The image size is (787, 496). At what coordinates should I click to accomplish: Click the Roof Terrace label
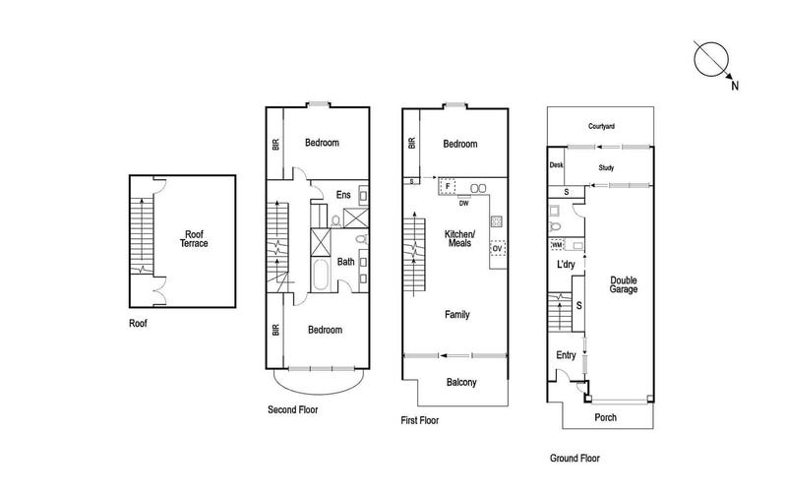click(194, 239)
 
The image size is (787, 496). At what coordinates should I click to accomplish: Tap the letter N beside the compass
click(735, 86)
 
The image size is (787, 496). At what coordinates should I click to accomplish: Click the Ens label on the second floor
click(343, 195)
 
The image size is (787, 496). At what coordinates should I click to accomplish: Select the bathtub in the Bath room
click(321, 275)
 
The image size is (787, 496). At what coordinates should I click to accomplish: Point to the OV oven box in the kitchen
click(498, 248)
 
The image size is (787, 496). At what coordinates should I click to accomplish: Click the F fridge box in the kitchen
click(448, 186)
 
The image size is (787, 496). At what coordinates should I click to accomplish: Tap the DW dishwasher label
click(463, 204)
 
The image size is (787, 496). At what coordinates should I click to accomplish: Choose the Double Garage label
click(624, 284)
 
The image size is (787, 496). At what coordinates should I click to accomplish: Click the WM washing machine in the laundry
click(557, 245)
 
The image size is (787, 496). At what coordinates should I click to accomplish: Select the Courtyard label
click(601, 127)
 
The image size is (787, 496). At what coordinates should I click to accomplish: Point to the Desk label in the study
click(556, 164)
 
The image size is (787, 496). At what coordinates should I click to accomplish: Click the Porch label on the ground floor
click(605, 417)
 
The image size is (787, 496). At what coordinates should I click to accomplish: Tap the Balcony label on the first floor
click(461, 383)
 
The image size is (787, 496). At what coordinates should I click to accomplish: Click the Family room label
click(457, 315)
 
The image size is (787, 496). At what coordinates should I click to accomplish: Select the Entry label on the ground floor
click(566, 355)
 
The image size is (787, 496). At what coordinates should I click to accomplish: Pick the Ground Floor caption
click(575, 458)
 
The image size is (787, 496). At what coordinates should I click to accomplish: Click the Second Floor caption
click(292, 409)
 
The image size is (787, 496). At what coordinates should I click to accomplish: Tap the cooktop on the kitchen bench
click(497, 221)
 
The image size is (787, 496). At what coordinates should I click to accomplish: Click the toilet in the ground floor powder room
click(555, 226)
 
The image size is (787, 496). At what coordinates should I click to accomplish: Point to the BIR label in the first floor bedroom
click(412, 144)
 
